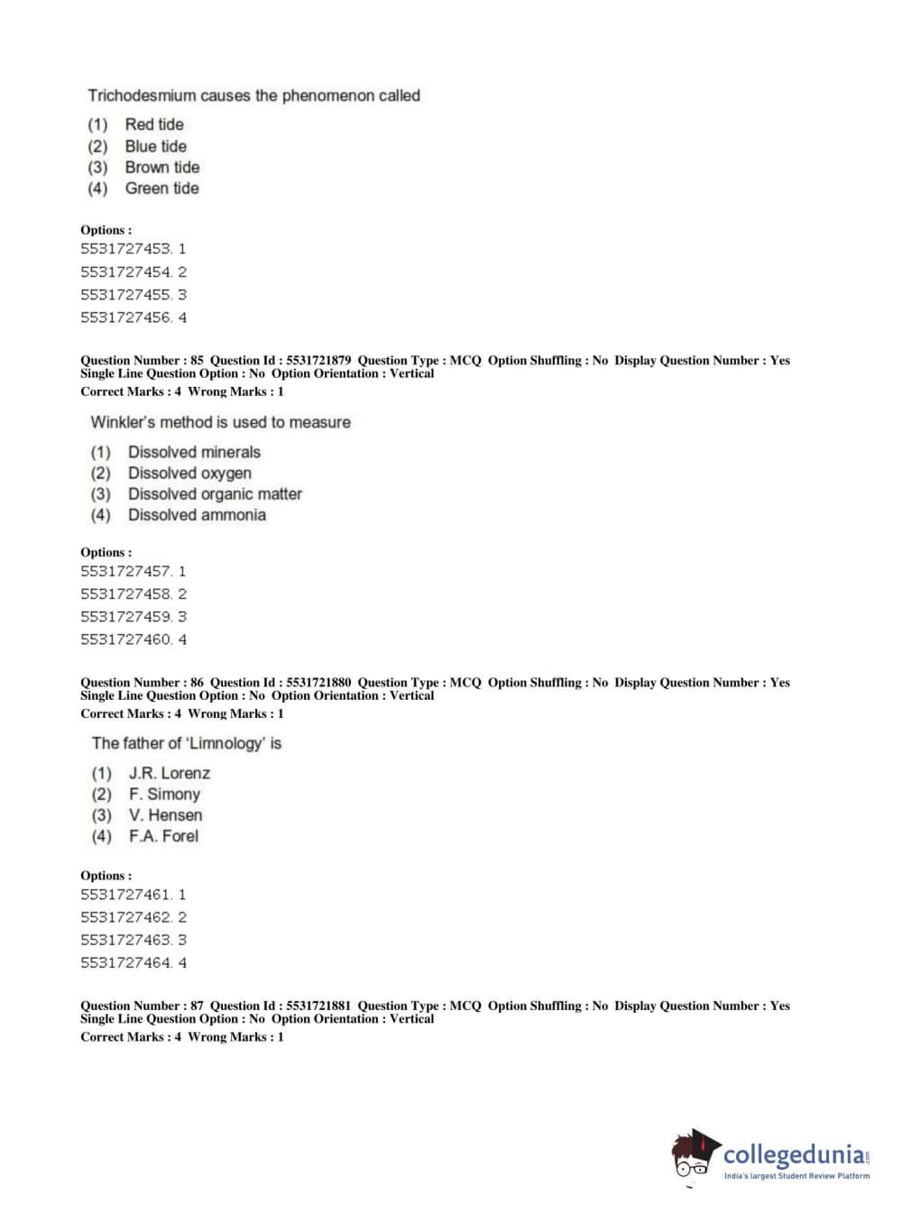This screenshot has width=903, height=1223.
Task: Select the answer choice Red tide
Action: [x=153, y=124]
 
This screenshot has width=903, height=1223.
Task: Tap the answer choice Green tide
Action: [x=161, y=189]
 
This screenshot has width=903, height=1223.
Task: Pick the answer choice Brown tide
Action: [x=161, y=167]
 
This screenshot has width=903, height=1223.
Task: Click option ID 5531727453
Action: [x=126, y=249]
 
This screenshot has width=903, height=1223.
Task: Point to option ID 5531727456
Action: [x=126, y=317]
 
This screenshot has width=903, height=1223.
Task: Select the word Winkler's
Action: [x=123, y=422]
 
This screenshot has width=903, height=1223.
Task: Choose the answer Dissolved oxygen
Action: [x=189, y=474]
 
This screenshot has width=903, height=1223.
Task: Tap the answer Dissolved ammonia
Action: [x=197, y=515]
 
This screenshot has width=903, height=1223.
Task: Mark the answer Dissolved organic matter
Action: [x=215, y=494]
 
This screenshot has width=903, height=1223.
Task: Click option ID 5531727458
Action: [x=126, y=594]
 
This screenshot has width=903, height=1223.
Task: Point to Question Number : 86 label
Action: [x=142, y=683]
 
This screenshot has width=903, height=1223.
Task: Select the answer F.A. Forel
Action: [x=163, y=836]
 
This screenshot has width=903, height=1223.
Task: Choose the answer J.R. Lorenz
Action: [x=169, y=773]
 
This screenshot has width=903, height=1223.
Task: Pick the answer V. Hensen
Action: [x=165, y=815]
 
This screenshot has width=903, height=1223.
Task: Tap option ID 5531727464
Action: [x=126, y=963]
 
